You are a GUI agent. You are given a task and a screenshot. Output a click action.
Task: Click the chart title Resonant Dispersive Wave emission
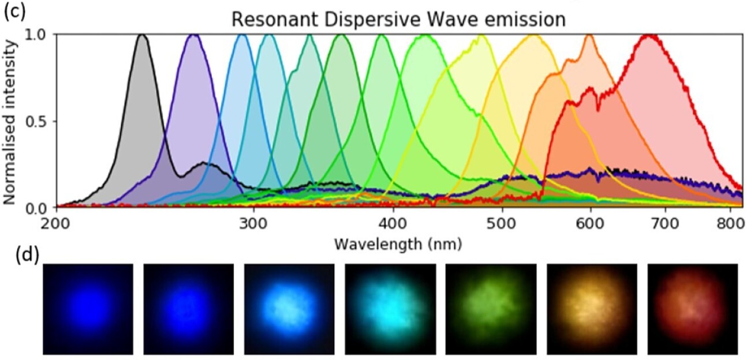click(x=398, y=19)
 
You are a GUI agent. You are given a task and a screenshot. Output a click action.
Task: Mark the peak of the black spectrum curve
click(x=141, y=35)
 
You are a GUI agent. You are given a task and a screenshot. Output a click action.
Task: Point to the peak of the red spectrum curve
click(x=651, y=36)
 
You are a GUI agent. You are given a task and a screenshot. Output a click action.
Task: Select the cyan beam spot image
click(x=390, y=309)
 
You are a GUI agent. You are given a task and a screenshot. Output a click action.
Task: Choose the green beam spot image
click(x=491, y=309)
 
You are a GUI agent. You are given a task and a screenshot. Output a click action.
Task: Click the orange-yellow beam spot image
click(x=592, y=309)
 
